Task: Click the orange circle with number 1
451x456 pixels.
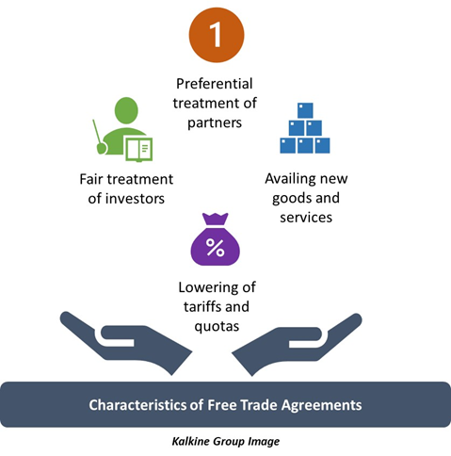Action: click(217, 35)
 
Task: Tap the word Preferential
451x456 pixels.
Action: click(215, 84)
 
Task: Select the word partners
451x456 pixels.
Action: click(215, 123)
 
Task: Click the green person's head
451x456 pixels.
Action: click(126, 110)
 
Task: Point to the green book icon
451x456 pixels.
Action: click(139, 149)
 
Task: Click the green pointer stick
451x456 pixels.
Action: click(99, 137)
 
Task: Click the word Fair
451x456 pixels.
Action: click(90, 179)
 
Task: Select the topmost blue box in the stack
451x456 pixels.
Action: click(305, 110)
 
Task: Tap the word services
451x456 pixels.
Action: click(306, 218)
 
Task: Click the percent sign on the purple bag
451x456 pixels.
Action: click(215, 248)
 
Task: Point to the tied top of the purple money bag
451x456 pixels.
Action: click(215, 219)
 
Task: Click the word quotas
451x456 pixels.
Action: click(217, 326)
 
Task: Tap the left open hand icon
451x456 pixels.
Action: click(125, 342)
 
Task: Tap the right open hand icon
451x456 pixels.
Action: click(297, 343)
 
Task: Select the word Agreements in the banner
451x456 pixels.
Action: click(321, 405)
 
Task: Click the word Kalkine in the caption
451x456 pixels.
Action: click(190, 441)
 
